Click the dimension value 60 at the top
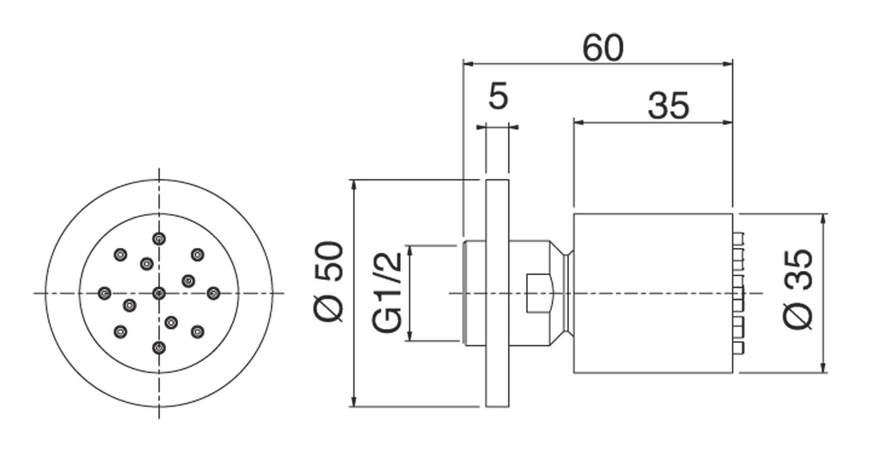[x=603, y=48]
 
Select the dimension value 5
[x=498, y=97]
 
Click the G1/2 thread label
[x=388, y=292]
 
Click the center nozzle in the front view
[x=159, y=293]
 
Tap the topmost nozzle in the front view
[x=159, y=238]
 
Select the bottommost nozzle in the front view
[x=159, y=347]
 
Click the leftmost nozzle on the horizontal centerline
[x=105, y=293]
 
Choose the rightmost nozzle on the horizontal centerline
[x=213, y=293]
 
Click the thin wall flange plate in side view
[x=497, y=293]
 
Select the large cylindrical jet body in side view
[x=653, y=293]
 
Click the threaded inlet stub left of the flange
[x=474, y=293]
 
